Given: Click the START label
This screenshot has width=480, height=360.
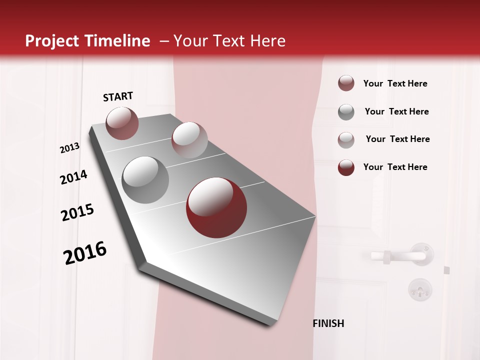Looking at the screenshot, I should click(x=118, y=96).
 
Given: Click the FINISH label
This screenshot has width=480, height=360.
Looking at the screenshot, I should click(x=328, y=323).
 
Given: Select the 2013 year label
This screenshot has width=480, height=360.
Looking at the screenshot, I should click(x=69, y=148).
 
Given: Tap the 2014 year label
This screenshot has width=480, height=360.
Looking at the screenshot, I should click(x=73, y=177).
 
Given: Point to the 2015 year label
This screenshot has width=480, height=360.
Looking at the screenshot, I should click(x=77, y=212).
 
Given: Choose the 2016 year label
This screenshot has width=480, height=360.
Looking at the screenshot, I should click(x=85, y=252).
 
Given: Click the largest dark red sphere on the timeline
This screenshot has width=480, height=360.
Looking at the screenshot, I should click(x=216, y=207).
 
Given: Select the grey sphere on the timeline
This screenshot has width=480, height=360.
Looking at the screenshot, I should click(x=145, y=180).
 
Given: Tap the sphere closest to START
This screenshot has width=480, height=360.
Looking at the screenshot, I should click(x=122, y=123).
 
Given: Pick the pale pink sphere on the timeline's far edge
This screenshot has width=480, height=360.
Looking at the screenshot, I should click(x=189, y=140).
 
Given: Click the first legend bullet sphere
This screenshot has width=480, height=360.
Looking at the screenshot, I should click(x=346, y=83).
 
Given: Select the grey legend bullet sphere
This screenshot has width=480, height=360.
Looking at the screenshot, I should click(x=346, y=112).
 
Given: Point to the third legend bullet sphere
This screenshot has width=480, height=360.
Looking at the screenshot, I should click(x=346, y=139).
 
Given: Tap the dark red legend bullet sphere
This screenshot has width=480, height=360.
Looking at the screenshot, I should click(x=346, y=167).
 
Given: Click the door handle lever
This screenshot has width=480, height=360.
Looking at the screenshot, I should click(x=398, y=256).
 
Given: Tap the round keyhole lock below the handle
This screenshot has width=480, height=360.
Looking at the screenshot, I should click(x=419, y=288).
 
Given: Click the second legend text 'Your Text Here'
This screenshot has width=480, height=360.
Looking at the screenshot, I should click(x=396, y=111).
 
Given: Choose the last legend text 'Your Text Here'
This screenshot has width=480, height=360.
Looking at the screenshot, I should click(x=395, y=167).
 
